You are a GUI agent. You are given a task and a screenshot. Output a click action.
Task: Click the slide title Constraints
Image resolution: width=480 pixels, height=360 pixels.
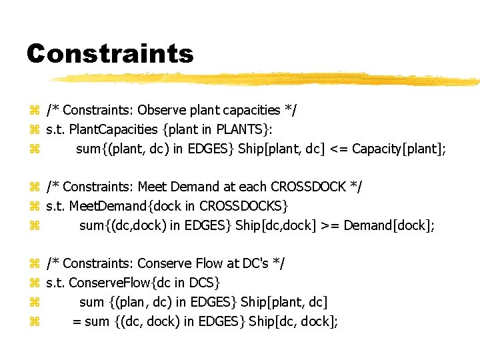(110, 54)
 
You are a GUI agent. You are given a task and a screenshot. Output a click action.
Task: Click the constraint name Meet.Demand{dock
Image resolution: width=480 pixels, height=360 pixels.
(126, 206)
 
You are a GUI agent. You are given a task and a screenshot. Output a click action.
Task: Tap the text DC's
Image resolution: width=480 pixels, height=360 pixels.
(257, 264)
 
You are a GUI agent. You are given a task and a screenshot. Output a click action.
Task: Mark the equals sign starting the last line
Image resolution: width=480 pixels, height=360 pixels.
(77, 321)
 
